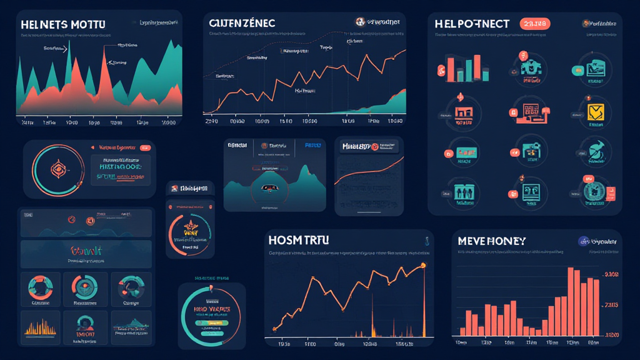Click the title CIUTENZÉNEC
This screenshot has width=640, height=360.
(242, 23)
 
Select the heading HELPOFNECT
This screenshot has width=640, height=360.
(472, 23)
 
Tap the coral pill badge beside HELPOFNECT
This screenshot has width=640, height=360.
(534, 24)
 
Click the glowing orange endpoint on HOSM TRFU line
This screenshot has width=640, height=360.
(423, 266)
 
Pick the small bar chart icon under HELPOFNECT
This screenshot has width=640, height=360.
(459, 67)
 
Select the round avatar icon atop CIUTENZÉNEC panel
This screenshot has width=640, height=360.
(360, 22)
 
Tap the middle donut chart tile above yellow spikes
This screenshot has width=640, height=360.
(85, 287)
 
